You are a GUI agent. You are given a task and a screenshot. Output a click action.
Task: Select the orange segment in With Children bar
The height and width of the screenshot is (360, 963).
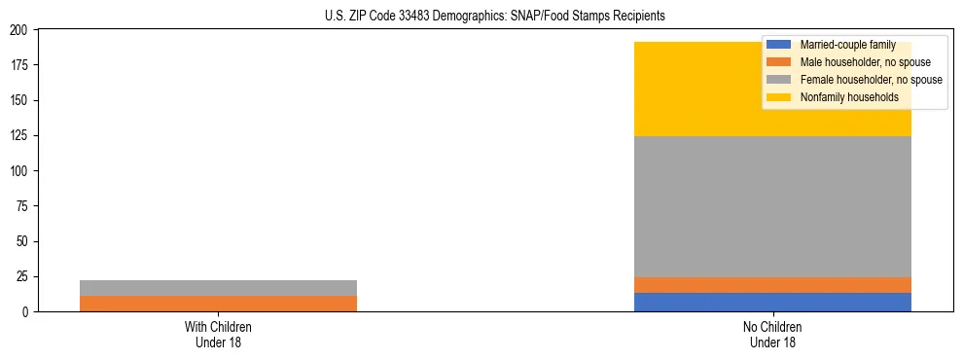(218, 304)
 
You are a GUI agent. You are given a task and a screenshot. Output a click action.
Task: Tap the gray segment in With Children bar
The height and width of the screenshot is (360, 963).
(218, 288)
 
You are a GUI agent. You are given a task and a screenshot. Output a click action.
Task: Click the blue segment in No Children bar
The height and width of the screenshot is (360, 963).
(772, 302)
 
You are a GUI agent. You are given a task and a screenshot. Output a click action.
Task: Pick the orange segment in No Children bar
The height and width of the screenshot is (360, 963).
(772, 285)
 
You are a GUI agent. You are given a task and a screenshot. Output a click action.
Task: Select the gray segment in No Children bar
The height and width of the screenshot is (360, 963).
(772, 206)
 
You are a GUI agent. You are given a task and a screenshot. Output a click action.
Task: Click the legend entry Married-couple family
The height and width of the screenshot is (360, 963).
(847, 45)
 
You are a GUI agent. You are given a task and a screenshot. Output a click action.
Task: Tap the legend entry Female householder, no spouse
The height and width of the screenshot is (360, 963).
(871, 80)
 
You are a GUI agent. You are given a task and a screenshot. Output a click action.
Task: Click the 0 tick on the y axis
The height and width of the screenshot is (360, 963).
(27, 312)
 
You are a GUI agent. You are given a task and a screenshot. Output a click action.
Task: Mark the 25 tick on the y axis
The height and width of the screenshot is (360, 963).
(24, 277)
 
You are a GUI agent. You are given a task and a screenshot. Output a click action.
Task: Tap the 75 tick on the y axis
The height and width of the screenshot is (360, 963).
(24, 206)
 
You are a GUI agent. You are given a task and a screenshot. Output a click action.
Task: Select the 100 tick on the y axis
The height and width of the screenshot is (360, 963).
(21, 171)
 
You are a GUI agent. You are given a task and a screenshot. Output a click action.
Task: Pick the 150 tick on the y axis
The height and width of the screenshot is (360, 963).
(21, 101)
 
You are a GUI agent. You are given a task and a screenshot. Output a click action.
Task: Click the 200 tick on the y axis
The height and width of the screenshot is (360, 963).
(21, 30)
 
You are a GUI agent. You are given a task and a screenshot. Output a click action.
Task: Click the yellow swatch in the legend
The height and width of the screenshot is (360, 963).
(779, 97)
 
